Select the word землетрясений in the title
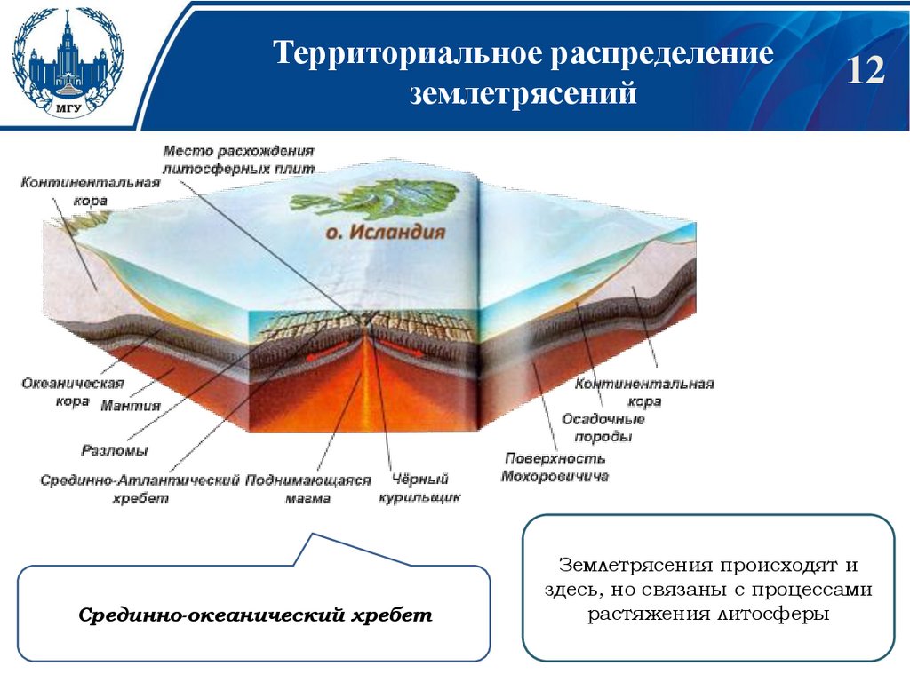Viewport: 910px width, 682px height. click(523, 92)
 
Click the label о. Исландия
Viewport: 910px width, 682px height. click(383, 234)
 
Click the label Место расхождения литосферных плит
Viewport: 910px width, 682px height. click(238, 158)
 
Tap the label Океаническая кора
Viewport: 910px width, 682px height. click(59, 393)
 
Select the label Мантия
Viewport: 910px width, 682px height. click(130, 406)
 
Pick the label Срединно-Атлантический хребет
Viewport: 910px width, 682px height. click(140, 489)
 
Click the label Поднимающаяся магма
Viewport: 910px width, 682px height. click(307, 489)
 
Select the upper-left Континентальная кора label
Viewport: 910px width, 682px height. click(90, 191)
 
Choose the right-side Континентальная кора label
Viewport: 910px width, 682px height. click(644, 393)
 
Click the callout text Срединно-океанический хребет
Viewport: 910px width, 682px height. click(256, 615)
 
